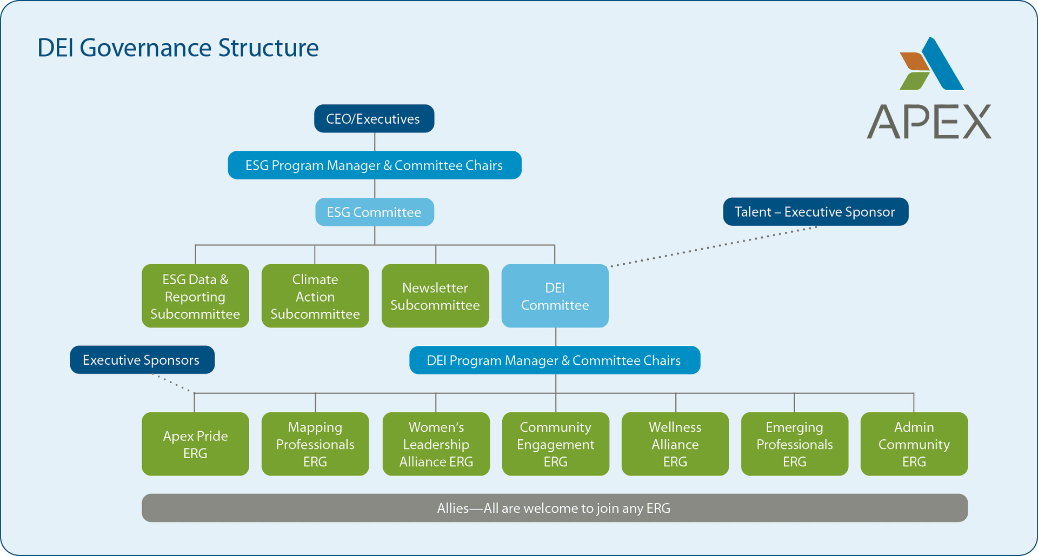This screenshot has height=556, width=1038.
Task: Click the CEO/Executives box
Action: [x=374, y=118]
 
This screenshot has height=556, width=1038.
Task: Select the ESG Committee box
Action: [x=374, y=212]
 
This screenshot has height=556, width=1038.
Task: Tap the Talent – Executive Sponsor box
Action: [x=815, y=211]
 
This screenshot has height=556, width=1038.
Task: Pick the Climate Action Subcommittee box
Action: [x=315, y=296]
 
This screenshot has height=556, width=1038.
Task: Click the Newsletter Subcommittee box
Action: [x=435, y=296]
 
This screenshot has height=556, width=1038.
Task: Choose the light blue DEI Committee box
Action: [x=555, y=296]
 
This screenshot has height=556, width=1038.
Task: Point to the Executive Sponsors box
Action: [x=142, y=360]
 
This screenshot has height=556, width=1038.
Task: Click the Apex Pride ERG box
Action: [x=195, y=444]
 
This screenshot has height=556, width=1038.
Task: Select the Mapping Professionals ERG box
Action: [x=315, y=444]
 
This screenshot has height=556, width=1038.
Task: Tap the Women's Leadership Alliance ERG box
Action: [x=436, y=444]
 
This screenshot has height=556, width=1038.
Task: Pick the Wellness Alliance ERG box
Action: [x=675, y=444]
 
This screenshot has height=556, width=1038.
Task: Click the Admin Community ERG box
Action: [x=914, y=444]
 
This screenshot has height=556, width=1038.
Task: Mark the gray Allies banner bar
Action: [x=554, y=508]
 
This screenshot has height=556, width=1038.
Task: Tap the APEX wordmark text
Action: [x=929, y=122]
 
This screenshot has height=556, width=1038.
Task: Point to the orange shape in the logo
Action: [x=914, y=61]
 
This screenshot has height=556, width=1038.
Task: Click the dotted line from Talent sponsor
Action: [x=714, y=246]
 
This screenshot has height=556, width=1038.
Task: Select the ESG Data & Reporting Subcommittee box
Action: [x=195, y=296]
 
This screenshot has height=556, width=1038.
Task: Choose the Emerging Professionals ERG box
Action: [x=794, y=444]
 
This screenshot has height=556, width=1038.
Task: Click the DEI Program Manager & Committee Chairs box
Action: [x=555, y=360]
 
